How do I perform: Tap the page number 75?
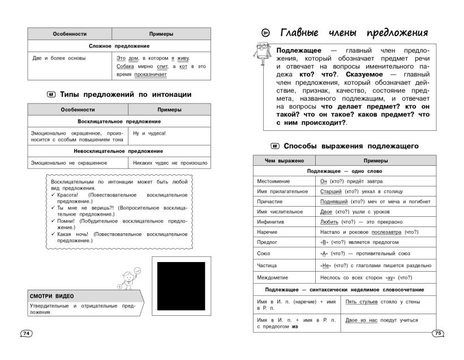(437, 333)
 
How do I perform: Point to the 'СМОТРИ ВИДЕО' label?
(52, 296)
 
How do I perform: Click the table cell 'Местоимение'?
(273, 181)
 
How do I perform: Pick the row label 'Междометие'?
(273, 277)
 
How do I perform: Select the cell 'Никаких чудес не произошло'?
(168, 163)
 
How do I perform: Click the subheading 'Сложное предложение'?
(119, 45)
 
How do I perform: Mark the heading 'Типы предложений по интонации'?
(126, 95)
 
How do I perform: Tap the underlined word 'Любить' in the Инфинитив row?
(329, 222)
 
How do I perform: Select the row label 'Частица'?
(269, 264)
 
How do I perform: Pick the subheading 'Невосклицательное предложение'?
(118, 151)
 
